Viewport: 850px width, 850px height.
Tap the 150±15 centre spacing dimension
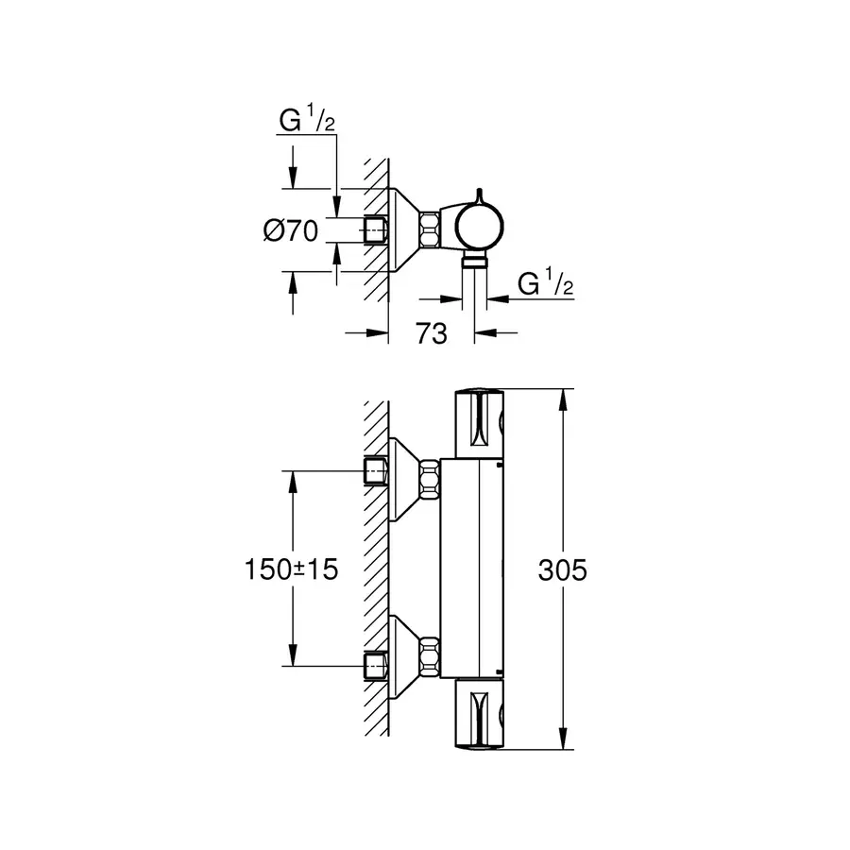290,569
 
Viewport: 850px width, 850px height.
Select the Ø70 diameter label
290,229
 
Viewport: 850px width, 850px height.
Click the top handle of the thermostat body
481,424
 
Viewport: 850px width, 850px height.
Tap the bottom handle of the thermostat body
481,714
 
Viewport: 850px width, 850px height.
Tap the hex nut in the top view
431,229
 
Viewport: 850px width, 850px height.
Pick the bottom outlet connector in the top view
475,262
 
